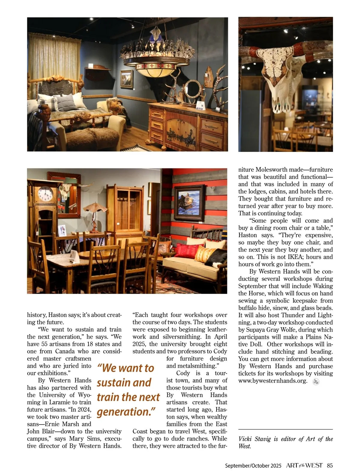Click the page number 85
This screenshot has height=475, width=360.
click(330, 465)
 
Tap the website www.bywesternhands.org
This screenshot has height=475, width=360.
click(273, 381)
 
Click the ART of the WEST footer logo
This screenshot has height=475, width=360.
click(304, 465)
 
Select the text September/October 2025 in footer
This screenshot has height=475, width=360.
click(253, 466)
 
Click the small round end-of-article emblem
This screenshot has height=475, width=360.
click(316, 382)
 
